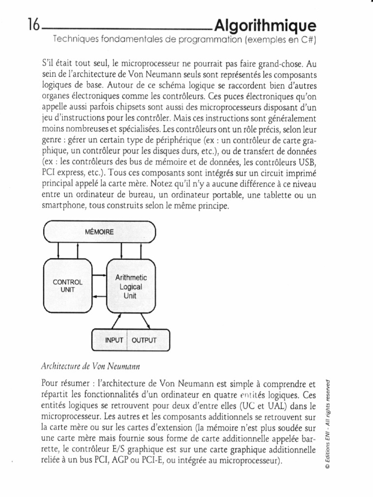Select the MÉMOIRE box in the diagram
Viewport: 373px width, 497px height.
coord(99,232)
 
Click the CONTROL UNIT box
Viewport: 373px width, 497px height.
coord(68,286)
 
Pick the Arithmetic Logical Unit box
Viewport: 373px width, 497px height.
coord(130,286)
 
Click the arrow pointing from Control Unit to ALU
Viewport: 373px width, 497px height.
coord(99,276)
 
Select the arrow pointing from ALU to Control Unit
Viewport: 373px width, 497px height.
coord(99,296)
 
